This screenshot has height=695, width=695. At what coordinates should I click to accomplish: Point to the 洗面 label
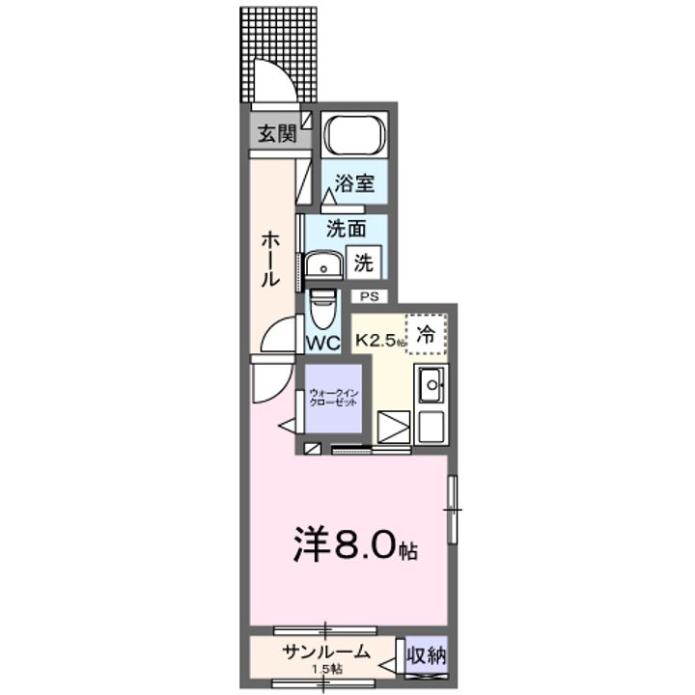(345, 229)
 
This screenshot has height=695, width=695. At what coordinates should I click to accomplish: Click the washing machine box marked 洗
(365, 262)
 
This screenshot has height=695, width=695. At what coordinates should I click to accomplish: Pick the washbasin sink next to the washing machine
(321, 264)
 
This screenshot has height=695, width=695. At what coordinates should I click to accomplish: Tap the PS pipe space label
(370, 296)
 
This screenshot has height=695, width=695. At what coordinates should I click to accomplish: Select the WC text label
(321, 342)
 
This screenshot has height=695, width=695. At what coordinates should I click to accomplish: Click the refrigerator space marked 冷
(426, 334)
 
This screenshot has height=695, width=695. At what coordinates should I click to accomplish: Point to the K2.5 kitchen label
(379, 341)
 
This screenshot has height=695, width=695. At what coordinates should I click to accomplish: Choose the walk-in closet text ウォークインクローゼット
(333, 396)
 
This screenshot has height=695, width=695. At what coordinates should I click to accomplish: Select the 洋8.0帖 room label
(354, 546)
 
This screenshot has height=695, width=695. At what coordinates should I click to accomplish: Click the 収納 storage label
(427, 656)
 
